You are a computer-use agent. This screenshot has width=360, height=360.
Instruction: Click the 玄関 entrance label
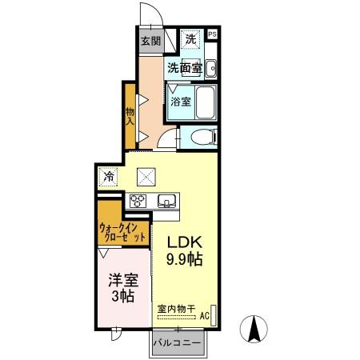[x=150, y=40]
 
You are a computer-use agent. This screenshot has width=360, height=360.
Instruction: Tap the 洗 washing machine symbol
[x=192, y=38]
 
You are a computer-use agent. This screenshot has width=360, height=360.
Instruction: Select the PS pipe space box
[x=212, y=34]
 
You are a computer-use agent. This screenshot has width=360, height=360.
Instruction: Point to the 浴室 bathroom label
[x=180, y=102]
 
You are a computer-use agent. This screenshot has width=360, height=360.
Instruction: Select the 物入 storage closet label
[x=130, y=115]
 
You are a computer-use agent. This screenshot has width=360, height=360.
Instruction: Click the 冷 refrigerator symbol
[x=107, y=175]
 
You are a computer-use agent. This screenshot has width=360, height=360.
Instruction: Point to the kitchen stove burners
[x=137, y=200]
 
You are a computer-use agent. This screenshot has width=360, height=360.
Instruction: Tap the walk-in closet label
[x=122, y=232]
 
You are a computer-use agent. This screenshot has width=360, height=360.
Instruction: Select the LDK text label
[x=183, y=243]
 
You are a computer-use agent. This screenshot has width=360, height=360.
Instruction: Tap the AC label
[x=204, y=315]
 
